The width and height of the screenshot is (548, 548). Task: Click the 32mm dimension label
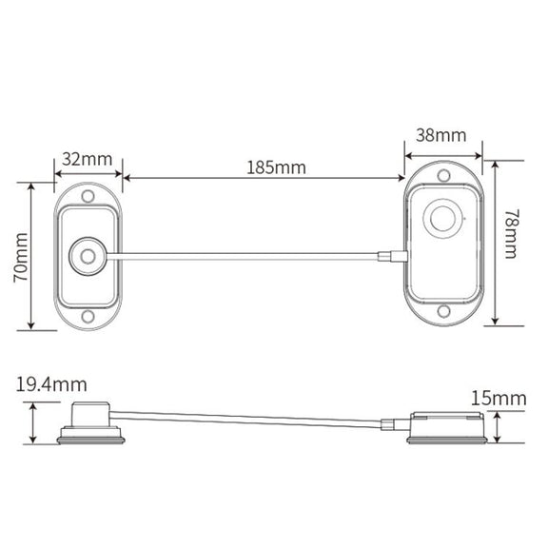(88, 159)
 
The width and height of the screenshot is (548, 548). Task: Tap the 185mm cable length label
(276, 167)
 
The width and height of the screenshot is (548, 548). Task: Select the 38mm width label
(441, 135)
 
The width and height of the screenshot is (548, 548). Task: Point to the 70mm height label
(21, 257)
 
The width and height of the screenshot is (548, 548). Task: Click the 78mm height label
(511, 234)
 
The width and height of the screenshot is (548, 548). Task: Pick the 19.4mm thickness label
(51, 384)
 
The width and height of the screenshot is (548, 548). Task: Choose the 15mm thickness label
(499, 399)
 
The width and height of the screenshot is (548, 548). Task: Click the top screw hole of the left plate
(88, 196)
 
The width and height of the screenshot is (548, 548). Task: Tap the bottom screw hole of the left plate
(88, 317)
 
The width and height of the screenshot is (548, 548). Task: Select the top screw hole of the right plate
(444, 175)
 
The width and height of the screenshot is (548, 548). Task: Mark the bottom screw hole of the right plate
(443, 311)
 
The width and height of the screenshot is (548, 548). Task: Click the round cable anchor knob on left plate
(88, 256)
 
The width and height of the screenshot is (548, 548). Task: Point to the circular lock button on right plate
(443, 219)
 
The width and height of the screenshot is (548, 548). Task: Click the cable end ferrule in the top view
(393, 256)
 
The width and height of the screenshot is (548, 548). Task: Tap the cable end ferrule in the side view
(388, 425)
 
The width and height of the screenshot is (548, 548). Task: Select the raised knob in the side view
(91, 415)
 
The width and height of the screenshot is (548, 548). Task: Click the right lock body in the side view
(447, 428)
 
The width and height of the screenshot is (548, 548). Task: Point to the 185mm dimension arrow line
(264, 178)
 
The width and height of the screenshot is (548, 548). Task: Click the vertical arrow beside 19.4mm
(33, 422)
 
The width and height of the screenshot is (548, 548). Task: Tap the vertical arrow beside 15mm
(498, 427)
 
